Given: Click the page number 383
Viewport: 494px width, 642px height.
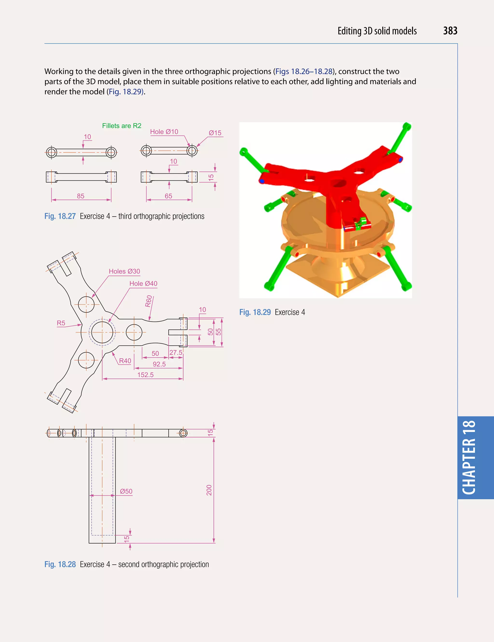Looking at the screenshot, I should (450, 31).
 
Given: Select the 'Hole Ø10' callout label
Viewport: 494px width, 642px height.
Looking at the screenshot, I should (164, 132).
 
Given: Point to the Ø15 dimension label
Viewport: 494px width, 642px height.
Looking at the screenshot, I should (215, 133).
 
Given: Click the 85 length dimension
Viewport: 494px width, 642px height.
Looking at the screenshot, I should (81, 196).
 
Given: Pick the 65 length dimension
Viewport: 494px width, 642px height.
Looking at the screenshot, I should (168, 196).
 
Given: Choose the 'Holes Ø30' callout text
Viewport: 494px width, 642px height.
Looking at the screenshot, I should (124, 271).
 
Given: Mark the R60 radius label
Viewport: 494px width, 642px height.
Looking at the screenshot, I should (149, 301).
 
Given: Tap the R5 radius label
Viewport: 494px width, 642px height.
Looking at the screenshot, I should (61, 323).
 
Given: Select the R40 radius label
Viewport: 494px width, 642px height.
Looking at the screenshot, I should (125, 361).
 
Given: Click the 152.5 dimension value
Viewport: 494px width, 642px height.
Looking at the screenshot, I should (145, 375).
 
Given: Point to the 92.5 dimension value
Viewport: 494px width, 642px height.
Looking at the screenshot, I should (159, 364).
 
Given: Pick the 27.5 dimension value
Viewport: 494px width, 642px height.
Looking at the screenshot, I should (176, 353).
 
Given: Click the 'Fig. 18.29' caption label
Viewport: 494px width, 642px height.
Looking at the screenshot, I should (255, 312).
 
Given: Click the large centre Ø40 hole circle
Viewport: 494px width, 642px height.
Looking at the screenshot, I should (102, 332).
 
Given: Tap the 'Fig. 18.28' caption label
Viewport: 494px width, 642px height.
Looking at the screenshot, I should (60, 564).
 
